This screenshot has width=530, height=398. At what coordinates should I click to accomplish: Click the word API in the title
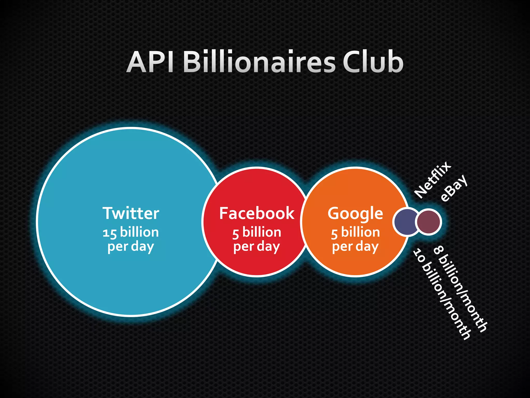151,62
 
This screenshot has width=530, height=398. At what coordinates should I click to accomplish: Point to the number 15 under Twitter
109,233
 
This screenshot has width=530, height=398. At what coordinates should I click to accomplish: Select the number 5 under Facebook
235,233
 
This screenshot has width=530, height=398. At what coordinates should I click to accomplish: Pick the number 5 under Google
334,233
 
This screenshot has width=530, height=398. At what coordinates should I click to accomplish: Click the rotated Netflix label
432,180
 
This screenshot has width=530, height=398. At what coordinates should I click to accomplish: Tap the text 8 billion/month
460,289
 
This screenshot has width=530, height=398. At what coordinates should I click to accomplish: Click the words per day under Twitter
131,246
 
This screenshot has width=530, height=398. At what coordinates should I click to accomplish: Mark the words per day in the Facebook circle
257,246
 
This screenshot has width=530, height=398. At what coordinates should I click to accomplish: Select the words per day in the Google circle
355,246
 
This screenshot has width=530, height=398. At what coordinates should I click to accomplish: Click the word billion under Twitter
139,232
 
